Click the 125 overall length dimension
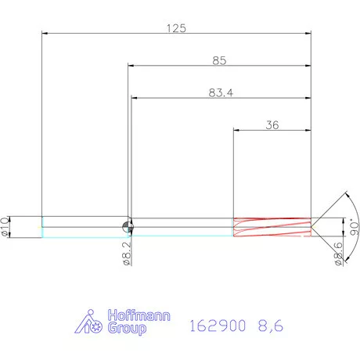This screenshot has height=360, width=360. pyautogui.click(x=176, y=28)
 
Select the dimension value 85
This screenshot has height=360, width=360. pyautogui.click(x=220, y=60)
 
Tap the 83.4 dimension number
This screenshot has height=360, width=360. pyautogui.click(x=221, y=92)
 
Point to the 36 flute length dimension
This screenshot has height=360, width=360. pyautogui.click(x=272, y=124)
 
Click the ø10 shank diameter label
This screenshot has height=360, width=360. pyautogui.click(x=7, y=226)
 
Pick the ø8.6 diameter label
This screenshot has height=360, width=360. pyautogui.click(x=338, y=252)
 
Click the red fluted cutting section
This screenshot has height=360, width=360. pyautogui.click(x=272, y=226)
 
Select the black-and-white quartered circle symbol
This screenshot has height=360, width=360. pyautogui.click(x=128, y=227)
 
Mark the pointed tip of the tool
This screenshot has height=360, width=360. pyautogui.click(x=312, y=226)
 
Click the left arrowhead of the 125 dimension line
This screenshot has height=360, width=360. pyautogui.click(x=45, y=34)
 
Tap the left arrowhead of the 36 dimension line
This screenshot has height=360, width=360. pyautogui.click(x=237, y=130)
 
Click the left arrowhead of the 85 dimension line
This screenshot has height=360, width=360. pyautogui.click(x=131, y=66)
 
